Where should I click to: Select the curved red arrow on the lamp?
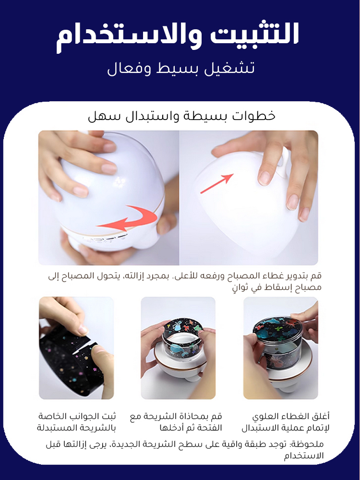tap(129, 218)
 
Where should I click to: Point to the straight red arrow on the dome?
tap(217, 183)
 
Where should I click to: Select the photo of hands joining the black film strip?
tap(76, 348)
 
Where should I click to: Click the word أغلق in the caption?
tap(321, 416)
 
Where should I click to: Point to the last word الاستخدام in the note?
tap(303, 456)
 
